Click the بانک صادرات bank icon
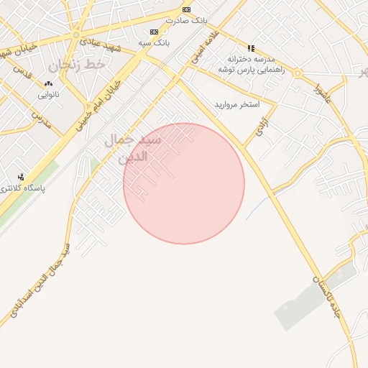click(x=187, y=9)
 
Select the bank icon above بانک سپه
click(x=154, y=32)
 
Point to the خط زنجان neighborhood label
click(x=77, y=65)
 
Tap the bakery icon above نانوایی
click(x=48, y=83)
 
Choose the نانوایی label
click(x=48, y=94)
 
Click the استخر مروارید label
click(x=236, y=105)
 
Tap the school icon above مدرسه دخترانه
click(x=251, y=48)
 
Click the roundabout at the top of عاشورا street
click(x=297, y=73)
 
